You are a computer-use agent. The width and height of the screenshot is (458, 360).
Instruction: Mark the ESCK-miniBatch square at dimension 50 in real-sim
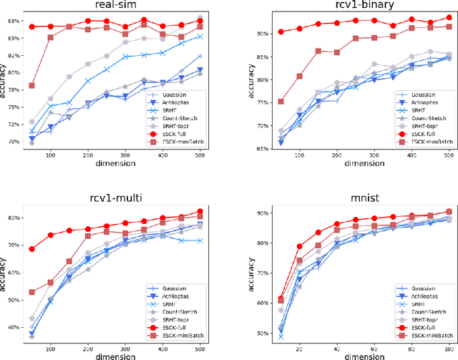tap(31, 86)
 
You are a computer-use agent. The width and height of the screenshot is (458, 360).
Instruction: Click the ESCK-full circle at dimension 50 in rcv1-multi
tap(31, 249)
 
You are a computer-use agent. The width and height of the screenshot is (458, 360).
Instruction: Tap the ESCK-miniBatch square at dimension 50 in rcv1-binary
tap(260, 101)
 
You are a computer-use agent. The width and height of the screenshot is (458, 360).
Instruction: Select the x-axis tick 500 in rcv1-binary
tap(449, 158)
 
